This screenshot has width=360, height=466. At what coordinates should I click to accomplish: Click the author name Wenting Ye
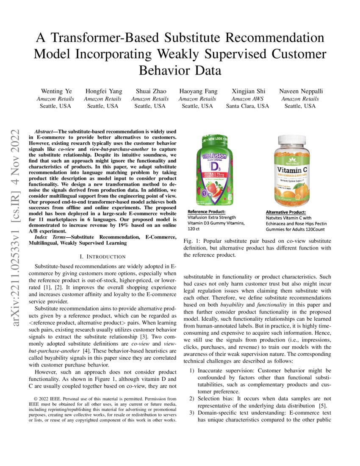57,91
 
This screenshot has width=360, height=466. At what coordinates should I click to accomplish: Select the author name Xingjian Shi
247,91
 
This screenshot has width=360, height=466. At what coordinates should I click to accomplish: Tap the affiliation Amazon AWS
247,99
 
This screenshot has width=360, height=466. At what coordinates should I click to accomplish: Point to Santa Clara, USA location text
247,106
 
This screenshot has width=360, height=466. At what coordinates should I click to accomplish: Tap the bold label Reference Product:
206,212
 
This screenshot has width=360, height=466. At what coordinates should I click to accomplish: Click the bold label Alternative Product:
285,212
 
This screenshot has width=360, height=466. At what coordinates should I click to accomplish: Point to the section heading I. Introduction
102,257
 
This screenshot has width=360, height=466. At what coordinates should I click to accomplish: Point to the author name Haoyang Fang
199,91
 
